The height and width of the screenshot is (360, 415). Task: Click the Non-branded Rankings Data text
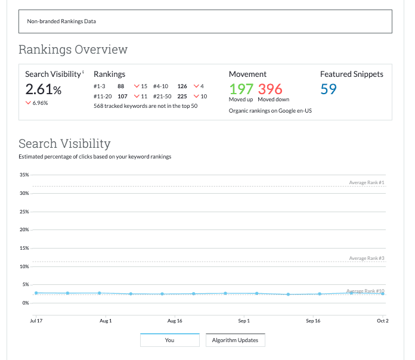click(61, 21)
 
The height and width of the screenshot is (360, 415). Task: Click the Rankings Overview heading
click(73, 49)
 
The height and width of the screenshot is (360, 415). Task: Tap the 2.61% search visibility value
click(44, 89)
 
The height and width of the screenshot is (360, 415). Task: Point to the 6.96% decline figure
click(39, 103)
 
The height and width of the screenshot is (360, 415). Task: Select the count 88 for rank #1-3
click(120, 86)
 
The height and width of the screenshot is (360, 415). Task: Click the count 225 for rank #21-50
click(182, 96)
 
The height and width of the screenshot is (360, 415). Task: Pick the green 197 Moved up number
click(241, 89)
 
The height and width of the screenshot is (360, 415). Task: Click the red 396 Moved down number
click(270, 89)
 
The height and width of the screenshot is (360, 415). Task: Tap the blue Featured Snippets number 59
click(329, 89)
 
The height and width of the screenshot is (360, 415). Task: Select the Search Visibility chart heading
click(64, 144)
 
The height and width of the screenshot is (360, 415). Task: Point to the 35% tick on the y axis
click(24, 175)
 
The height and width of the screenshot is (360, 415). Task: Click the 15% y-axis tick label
click(24, 248)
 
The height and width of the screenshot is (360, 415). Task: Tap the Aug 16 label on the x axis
click(175, 321)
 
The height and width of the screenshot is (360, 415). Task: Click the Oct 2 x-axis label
click(382, 321)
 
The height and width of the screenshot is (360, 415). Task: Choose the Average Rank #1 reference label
click(367, 182)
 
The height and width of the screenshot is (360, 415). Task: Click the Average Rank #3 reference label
click(367, 258)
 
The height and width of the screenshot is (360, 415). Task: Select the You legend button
click(169, 340)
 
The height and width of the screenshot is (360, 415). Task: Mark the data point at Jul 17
click(36, 293)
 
